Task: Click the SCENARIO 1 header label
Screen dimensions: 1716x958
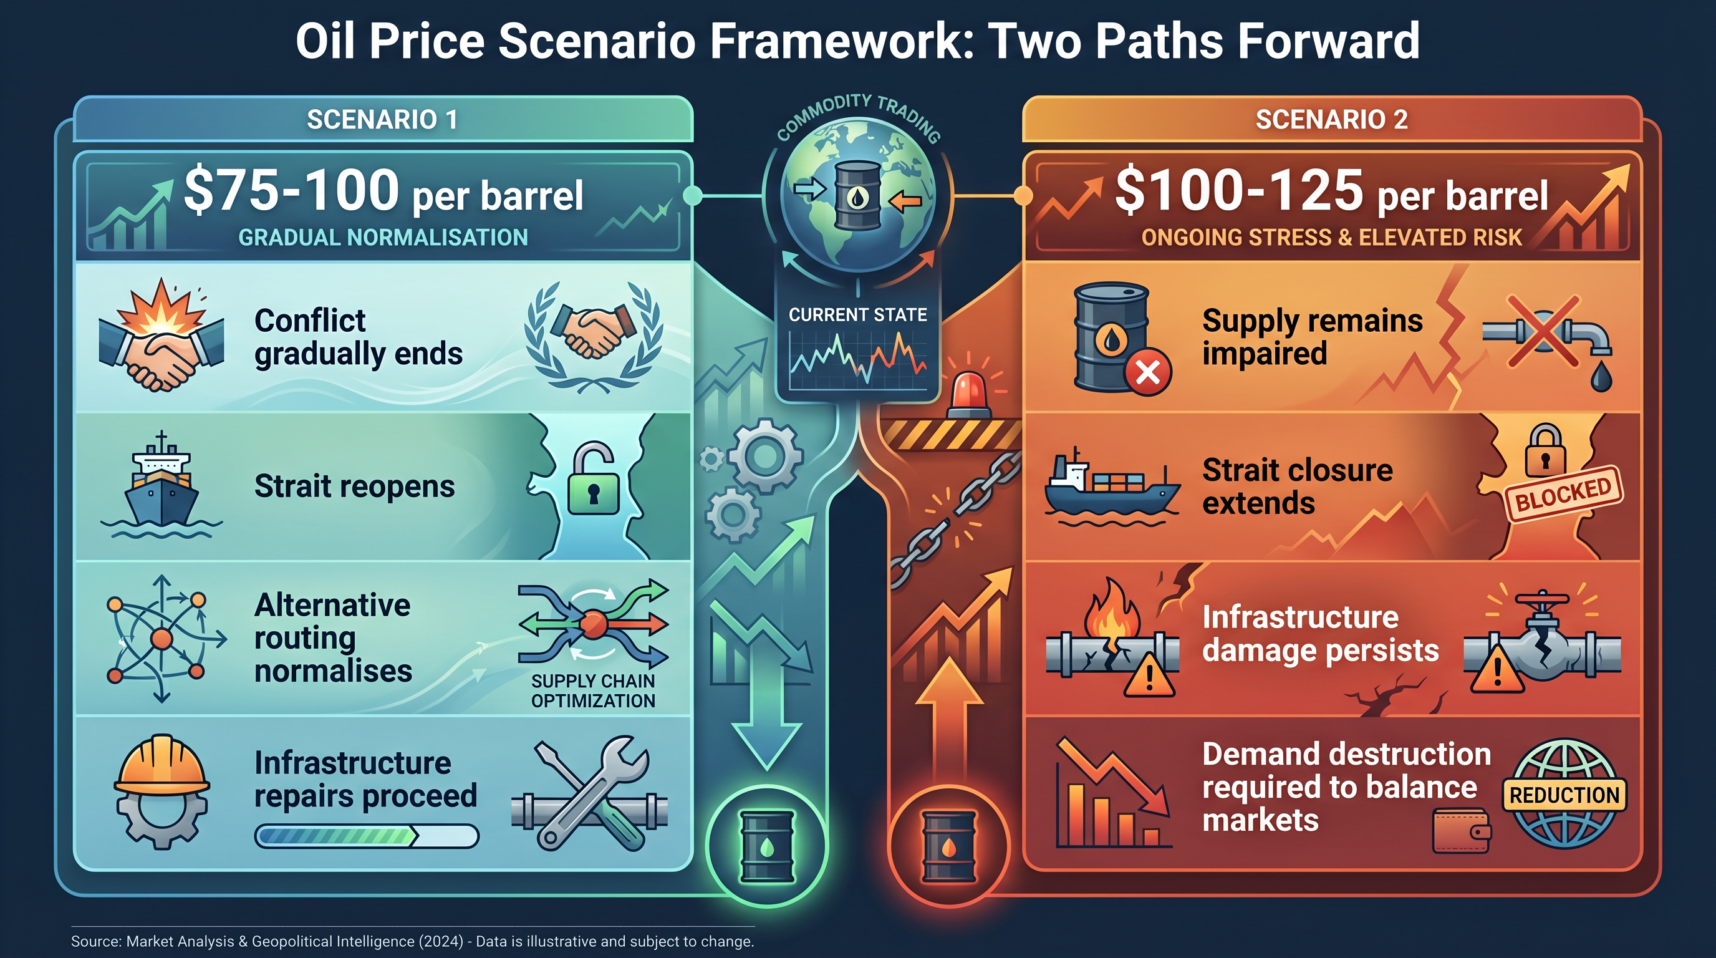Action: click(x=382, y=120)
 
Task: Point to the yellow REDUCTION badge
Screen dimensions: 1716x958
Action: click(x=1564, y=795)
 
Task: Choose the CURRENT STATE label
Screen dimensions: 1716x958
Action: click(x=857, y=314)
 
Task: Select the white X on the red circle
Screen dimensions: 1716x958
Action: click(x=1147, y=372)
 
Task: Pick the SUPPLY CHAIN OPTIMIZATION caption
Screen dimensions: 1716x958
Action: click(x=593, y=691)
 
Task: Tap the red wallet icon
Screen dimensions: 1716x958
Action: click(x=1462, y=831)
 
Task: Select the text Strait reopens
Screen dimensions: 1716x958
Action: click(x=354, y=486)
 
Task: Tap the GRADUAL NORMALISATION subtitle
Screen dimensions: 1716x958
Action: click(x=383, y=237)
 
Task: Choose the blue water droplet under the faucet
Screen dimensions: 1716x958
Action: click(x=1601, y=377)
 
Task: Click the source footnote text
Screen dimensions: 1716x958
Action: click(x=412, y=941)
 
